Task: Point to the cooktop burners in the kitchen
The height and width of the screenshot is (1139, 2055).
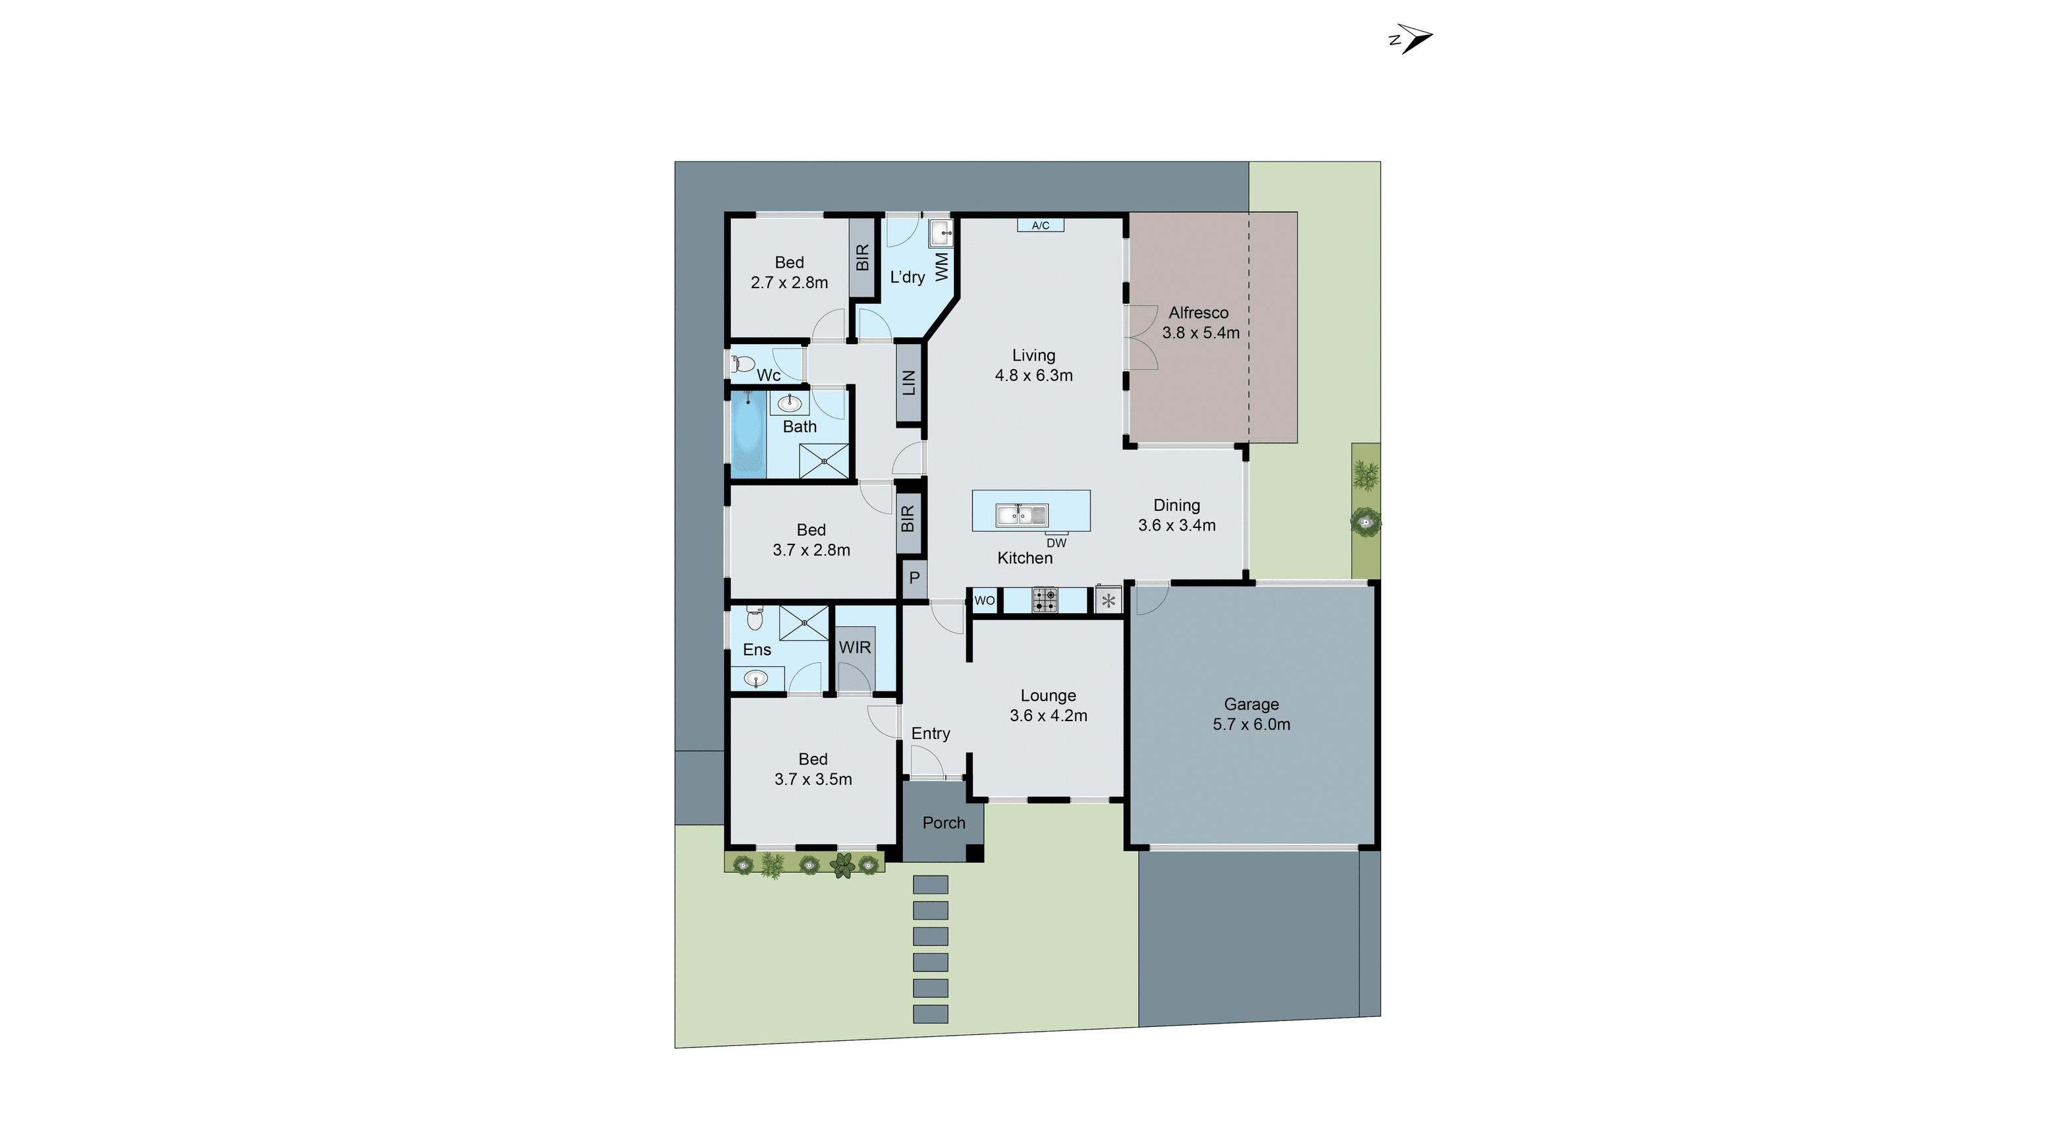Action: click(x=1045, y=599)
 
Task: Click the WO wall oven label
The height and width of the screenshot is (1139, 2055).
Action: click(x=985, y=600)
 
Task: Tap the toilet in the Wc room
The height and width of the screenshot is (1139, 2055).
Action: click(x=743, y=365)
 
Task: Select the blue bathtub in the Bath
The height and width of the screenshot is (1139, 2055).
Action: click(x=748, y=435)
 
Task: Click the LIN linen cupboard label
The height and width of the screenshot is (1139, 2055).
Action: click(x=909, y=383)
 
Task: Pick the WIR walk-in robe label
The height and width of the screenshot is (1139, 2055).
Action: click(x=854, y=647)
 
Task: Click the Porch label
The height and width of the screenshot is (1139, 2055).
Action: click(x=944, y=823)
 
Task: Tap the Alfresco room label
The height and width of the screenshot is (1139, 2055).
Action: click(x=1198, y=313)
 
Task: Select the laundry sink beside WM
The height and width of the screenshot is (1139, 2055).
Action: click(x=941, y=234)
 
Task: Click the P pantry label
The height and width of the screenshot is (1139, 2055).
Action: click(x=914, y=578)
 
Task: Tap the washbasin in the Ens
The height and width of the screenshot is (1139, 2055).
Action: click(x=755, y=678)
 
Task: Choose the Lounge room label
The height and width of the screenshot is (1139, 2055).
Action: click(x=1048, y=696)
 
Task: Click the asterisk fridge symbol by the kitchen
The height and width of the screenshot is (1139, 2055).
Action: click(x=1108, y=601)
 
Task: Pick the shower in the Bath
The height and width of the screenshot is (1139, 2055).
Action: click(x=824, y=461)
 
